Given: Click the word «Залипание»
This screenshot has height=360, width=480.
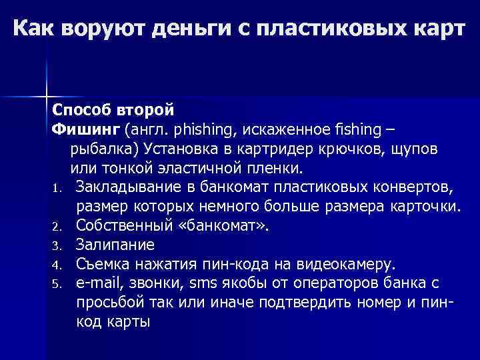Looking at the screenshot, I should pos(115,244).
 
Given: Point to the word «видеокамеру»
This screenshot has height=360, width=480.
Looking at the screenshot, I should pos(333,263).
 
